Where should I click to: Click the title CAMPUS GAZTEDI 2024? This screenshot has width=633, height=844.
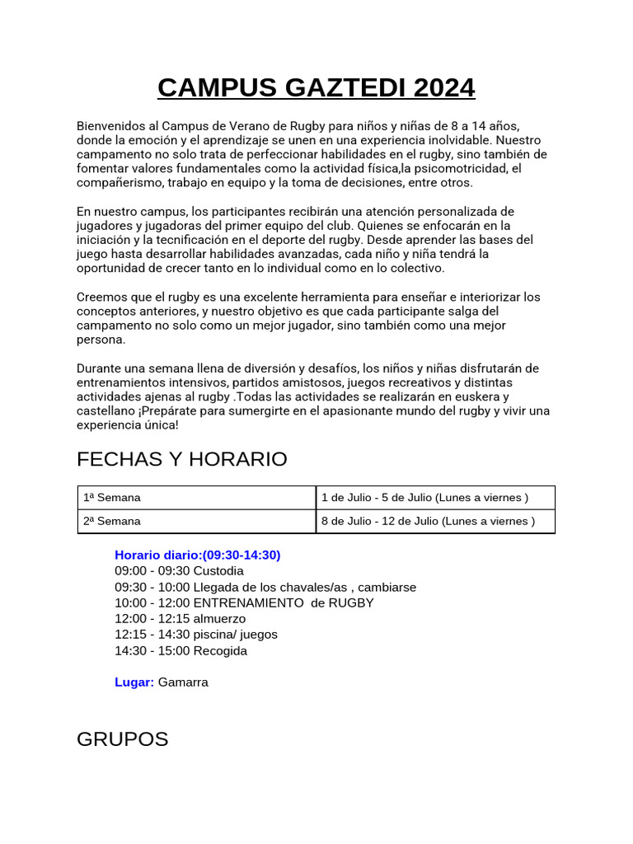click(316, 87)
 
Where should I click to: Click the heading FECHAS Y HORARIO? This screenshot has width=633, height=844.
click(181, 459)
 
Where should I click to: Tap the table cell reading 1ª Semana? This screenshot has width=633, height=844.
click(112, 498)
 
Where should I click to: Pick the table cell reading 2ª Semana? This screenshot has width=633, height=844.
click(112, 521)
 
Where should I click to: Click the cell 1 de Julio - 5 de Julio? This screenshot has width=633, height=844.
click(424, 498)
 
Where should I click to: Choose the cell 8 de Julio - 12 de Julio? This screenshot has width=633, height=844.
click(428, 521)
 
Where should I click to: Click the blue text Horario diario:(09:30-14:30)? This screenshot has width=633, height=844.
click(198, 555)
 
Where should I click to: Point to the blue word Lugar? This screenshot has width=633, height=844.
click(134, 682)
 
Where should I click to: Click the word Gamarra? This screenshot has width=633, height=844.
click(183, 682)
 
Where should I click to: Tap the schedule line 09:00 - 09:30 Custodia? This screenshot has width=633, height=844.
click(180, 570)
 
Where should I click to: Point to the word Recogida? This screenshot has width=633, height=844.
click(220, 650)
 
